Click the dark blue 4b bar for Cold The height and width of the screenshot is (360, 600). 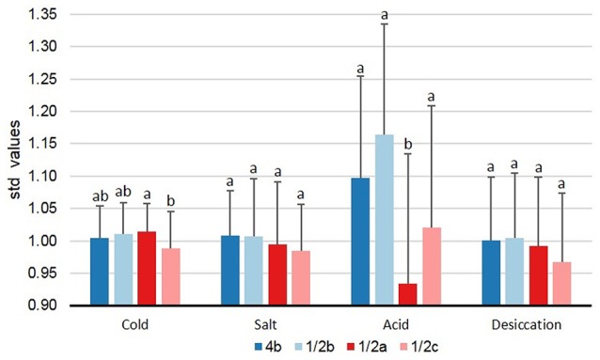click(x=100, y=272)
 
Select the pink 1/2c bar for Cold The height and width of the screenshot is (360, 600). click(x=172, y=276)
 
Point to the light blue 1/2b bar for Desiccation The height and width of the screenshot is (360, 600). click(x=514, y=272)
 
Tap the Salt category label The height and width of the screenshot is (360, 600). click(x=266, y=324)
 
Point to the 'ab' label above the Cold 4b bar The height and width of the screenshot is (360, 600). click(x=100, y=196)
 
